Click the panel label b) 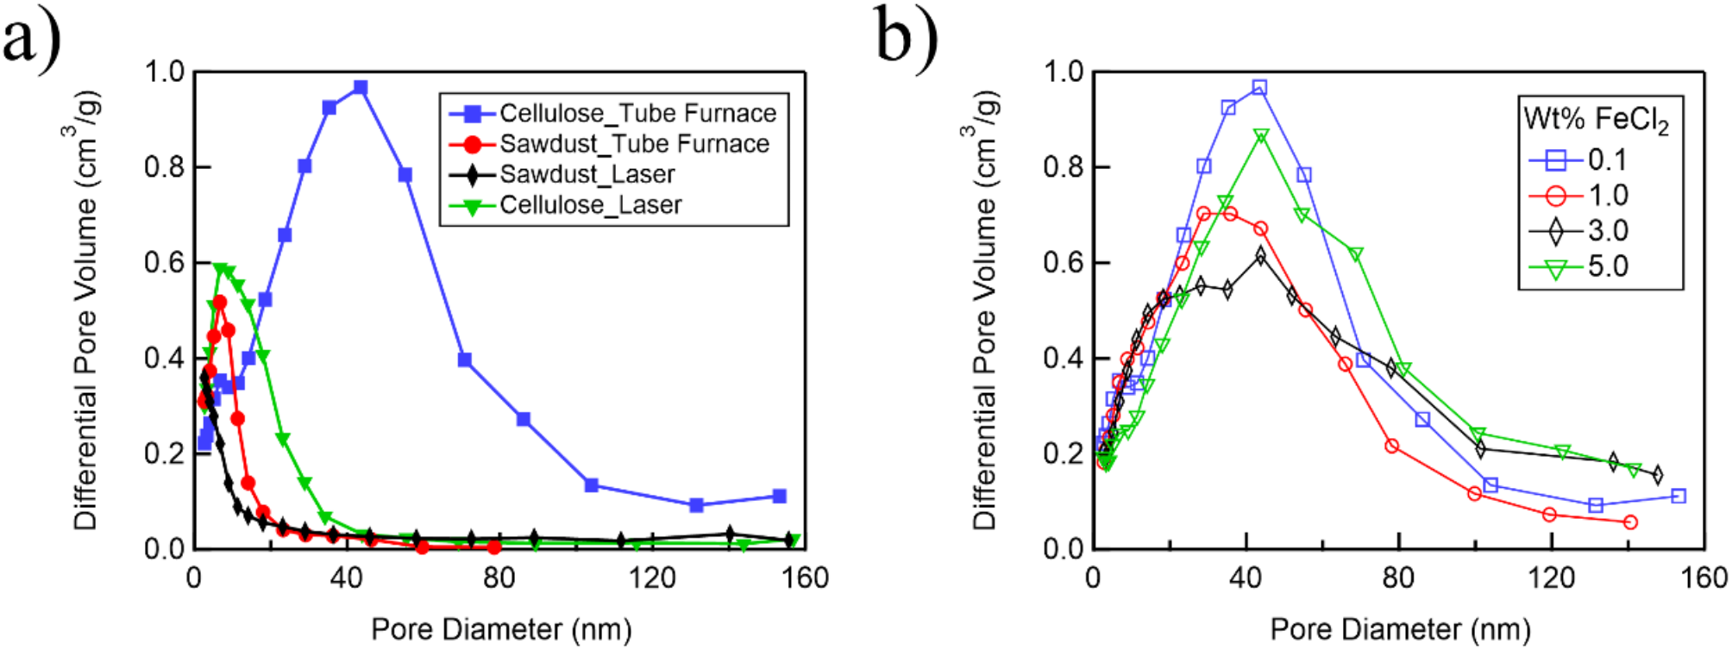906,38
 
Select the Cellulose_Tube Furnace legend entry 637,113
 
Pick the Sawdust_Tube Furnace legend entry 634,143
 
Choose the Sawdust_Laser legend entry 587,174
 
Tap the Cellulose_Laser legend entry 590,205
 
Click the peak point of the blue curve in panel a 361,88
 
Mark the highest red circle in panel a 219,303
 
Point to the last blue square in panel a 779,496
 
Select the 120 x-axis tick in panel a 652,578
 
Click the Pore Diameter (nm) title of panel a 501,629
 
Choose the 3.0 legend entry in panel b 1608,230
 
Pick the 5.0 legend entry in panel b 1608,266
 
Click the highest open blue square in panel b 1259,88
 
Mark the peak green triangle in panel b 1261,136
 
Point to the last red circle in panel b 1630,522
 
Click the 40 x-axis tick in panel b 1246,578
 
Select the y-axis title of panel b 985,310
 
